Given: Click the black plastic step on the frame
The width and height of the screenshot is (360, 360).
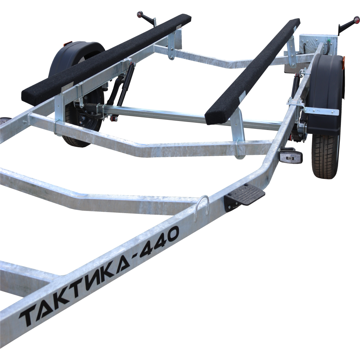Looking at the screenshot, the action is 244,196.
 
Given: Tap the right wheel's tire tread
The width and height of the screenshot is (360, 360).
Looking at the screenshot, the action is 326,157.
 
